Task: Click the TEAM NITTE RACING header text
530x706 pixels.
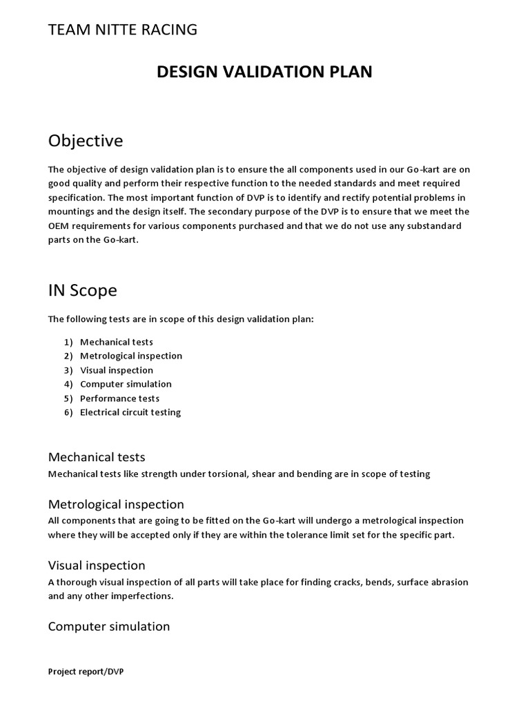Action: coord(122,30)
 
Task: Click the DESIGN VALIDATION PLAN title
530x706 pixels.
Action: coord(264,72)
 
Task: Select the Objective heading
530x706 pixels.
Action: coord(86,141)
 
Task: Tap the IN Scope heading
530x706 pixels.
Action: coord(82,290)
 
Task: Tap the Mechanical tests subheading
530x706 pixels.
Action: coord(97,457)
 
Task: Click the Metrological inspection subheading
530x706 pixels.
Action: coord(116,504)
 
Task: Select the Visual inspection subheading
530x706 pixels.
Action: coord(97,565)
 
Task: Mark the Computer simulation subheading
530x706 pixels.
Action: coord(109,626)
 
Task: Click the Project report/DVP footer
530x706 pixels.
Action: coord(86,672)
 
